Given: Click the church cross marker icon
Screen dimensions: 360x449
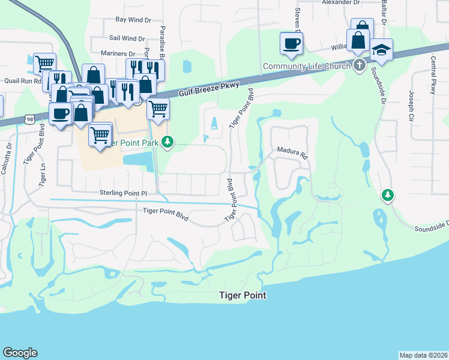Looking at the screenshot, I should [359, 65].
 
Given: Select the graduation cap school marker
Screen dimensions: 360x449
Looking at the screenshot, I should [381, 49].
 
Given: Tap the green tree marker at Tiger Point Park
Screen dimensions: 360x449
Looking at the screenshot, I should [169, 142].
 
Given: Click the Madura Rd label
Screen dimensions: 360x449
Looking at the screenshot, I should [292, 152].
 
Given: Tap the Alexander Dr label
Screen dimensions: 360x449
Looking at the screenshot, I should [340, 3].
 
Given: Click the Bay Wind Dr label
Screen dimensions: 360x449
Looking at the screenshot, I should [133, 20].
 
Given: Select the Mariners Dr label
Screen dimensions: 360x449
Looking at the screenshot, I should [118, 53].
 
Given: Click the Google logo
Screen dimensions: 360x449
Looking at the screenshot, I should [20, 353].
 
